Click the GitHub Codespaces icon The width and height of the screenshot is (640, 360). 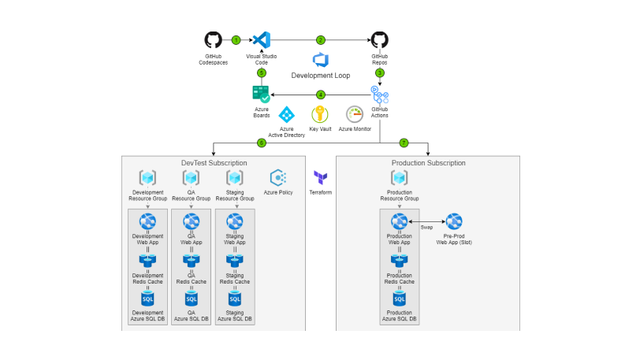point(213,40)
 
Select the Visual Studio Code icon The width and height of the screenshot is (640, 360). point(262,40)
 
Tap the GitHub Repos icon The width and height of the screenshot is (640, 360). point(379,40)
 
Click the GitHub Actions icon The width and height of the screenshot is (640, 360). point(379,95)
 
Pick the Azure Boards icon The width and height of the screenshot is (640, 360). point(261,93)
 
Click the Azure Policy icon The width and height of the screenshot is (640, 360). point(277,177)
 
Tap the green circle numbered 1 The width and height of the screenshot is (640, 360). point(236,39)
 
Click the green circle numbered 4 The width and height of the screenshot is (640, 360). point(320,95)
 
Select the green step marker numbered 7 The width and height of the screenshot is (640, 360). point(404,143)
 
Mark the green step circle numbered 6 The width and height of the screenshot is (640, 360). point(262,143)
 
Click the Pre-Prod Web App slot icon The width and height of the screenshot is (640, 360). point(454,221)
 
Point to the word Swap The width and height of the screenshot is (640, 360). point(426,227)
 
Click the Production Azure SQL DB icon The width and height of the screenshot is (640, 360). point(399,299)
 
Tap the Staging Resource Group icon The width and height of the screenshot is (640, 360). point(234,178)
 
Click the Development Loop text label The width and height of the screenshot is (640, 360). point(321,76)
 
